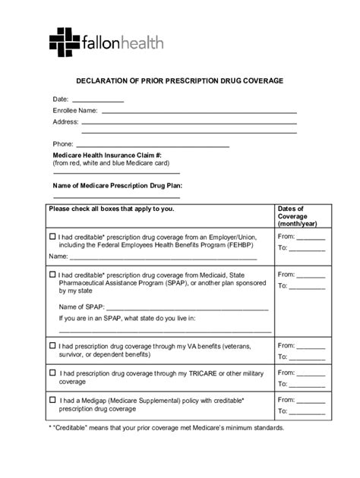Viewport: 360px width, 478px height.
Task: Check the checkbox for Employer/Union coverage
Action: pyautogui.click(x=52, y=236)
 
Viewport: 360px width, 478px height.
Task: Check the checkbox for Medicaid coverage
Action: pyautogui.click(x=52, y=274)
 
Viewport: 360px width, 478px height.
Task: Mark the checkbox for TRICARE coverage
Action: pyautogui.click(x=52, y=373)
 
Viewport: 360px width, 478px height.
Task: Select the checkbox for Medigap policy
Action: pyautogui.click(x=52, y=399)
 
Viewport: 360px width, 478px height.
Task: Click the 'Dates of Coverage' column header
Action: pyautogui.click(x=292, y=215)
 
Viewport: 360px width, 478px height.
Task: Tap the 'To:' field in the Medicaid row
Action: pyautogui.click(x=309, y=286)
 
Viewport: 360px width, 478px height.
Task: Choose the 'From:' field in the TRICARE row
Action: pyautogui.click(x=311, y=373)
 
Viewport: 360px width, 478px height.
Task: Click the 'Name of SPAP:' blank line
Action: pyautogui.click(x=182, y=308)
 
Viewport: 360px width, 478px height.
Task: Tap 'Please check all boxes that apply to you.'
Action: pyautogui.click(x=111, y=208)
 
